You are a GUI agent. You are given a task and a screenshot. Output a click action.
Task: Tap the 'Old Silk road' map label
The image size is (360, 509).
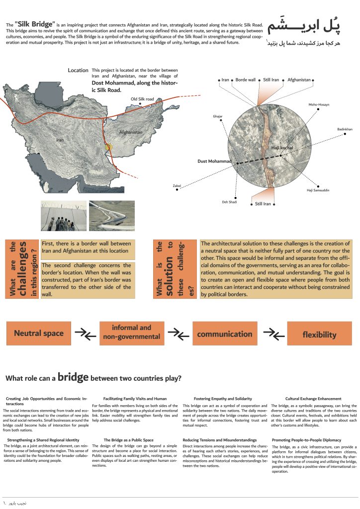[x=142, y=99]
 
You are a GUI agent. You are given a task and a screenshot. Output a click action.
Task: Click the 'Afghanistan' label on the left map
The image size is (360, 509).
[x=131, y=132]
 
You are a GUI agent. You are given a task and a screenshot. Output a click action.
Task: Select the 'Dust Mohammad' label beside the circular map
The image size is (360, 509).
[x=215, y=162]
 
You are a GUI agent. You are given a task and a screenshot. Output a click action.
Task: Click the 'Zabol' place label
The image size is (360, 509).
[x=177, y=186]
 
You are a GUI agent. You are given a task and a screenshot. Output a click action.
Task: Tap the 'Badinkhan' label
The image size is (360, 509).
[x=344, y=129]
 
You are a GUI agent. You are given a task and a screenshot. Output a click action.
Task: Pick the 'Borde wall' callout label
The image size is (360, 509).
[x=245, y=80]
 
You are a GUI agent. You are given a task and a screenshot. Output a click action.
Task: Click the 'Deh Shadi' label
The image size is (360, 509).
[x=229, y=202]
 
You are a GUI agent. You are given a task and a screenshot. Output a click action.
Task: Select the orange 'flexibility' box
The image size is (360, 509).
[x=319, y=335]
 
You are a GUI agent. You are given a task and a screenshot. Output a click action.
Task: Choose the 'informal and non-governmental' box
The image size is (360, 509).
[x=131, y=333]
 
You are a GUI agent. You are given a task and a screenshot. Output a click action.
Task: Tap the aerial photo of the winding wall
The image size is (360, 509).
[x=112, y=216]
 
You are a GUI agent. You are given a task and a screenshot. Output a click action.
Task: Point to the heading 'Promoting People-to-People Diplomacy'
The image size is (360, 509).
[x=306, y=440]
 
